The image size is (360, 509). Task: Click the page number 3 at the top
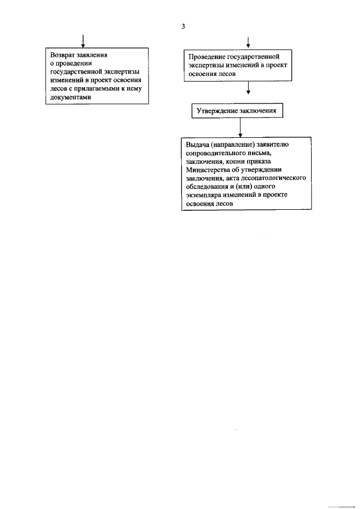click(x=183, y=26)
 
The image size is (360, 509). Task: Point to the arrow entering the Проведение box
click(x=248, y=43)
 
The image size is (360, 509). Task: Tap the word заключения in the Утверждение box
click(x=258, y=111)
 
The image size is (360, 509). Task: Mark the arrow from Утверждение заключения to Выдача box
click(x=240, y=128)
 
